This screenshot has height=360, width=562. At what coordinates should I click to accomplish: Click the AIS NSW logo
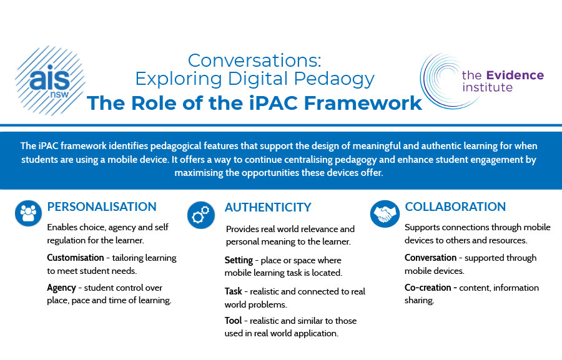(x=50, y=80)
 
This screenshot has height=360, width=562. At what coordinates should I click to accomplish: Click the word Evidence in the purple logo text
(x=515, y=75)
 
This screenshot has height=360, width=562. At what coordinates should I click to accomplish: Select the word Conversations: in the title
(x=255, y=60)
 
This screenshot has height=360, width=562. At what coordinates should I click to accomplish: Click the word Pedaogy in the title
(x=334, y=79)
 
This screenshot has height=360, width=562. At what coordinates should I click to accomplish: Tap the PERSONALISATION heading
(x=102, y=207)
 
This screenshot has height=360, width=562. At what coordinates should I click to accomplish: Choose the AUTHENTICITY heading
(x=268, y=207)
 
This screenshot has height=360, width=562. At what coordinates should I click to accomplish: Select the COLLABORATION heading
(x=455, y=207)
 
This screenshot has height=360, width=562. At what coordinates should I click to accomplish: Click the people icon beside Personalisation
(x=28, y=213)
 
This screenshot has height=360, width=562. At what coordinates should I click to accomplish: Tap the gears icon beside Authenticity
(x=201, y=215)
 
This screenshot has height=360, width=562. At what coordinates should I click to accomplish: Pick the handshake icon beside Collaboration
(x=385, y=214)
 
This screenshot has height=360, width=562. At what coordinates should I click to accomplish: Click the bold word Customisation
(x=76, y=258)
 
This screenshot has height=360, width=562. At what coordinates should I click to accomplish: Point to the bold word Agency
(x=61, y=288)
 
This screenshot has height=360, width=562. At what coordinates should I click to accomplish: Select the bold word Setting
(x=239, y=260)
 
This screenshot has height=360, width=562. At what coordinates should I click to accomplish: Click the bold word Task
(x=234, y=291)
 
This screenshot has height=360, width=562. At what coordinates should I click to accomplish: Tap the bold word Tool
(x=234, y=321)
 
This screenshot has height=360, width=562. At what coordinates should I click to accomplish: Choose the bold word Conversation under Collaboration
(x=430, y=258)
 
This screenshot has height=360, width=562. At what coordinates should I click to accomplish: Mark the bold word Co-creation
(x=428, y=288)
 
